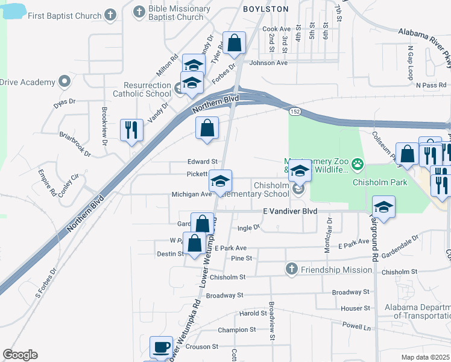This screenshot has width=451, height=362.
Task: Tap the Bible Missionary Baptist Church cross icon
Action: point(139,11)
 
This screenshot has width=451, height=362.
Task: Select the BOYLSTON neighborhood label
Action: point(266,9)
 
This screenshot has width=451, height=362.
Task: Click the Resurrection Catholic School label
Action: point(147,90)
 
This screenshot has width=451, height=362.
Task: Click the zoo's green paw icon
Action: point(358,163)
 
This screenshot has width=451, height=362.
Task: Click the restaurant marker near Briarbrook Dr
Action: point(131,129)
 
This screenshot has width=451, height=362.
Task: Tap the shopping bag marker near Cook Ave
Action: point(235,43)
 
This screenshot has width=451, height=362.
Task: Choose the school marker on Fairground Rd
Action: point(383,207)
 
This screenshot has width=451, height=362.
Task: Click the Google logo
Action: point(20,355)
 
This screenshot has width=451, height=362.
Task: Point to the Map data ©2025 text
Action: point(426,357)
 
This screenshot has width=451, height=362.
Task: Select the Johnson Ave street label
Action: point(268,63)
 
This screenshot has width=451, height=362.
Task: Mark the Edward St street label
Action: point(202,162)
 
